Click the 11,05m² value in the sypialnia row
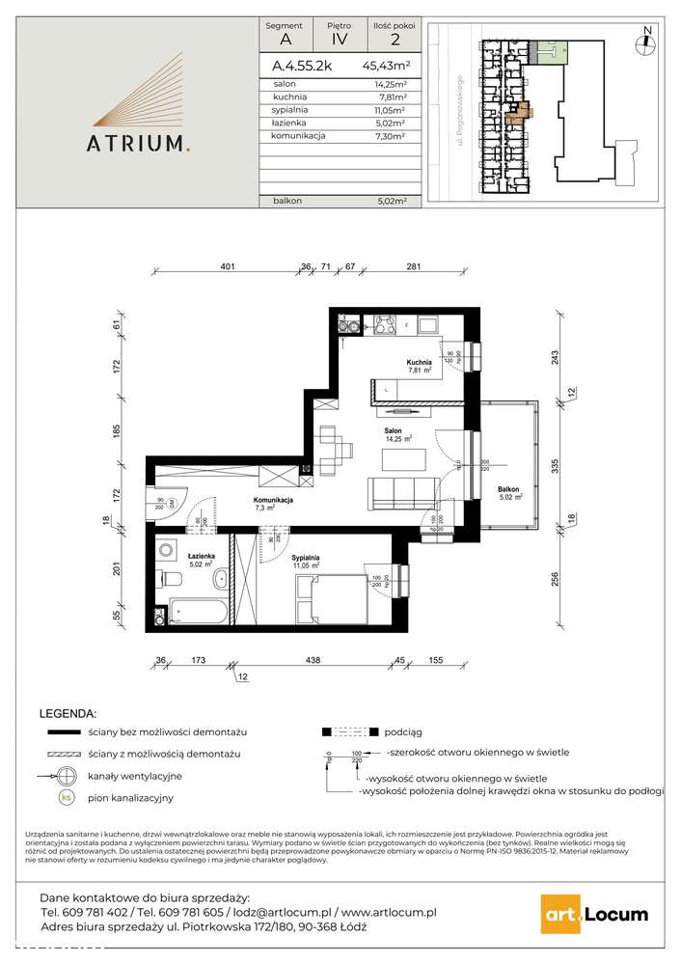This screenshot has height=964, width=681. click(391, 111)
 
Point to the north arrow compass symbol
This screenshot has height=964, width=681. click(647, 40)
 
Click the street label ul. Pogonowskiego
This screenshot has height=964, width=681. click(462, 115)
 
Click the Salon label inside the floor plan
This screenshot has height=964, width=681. click(394, 430)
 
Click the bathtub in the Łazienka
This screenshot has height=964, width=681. click(198, 612)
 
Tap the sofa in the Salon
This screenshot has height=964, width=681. click(396, 493)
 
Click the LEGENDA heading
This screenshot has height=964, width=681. click(67, 714)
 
